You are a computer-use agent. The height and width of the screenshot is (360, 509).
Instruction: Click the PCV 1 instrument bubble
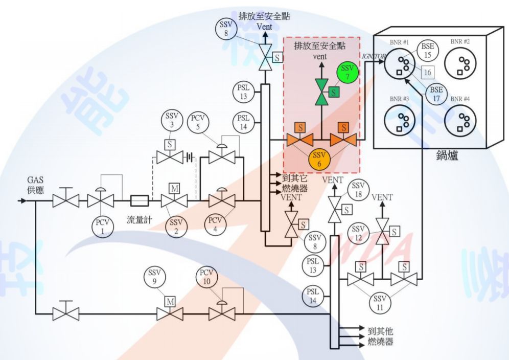click(102, 227)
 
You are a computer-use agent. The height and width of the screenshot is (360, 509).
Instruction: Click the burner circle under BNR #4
click(461, 121)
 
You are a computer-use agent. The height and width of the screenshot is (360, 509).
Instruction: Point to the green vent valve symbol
click(321, 93)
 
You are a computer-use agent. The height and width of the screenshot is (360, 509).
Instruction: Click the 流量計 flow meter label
click(140, 220)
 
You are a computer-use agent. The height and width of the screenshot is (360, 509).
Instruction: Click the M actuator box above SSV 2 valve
click(174, 189)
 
